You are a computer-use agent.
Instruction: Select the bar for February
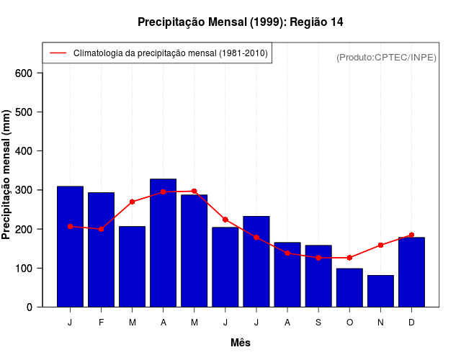(x=101, y=249)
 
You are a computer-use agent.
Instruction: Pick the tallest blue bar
(x=163, y=243)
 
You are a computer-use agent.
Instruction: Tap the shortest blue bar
(x=380, y=291)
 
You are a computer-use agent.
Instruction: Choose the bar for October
(x=349, y=287)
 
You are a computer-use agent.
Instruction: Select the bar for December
(x=411, y=271)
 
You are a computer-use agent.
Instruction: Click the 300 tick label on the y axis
(x=23, y=190)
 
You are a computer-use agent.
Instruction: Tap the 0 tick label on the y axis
(x=29, y=307)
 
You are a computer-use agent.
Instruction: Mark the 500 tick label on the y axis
(x=23, y=112)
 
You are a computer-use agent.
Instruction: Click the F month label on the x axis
(x=101, y=323)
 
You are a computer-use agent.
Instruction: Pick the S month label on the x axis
(x=318, y=323)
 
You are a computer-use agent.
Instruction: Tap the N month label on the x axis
(x=380, y=323)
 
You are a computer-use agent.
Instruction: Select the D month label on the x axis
(x=411, y=323)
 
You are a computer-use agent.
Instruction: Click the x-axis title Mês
(x=241, y=343)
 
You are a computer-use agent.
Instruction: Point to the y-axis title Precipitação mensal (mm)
(x=7, y=180)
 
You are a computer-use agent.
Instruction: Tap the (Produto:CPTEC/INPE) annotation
(x=386, y=57)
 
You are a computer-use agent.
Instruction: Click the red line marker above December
(x=411, y=235)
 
